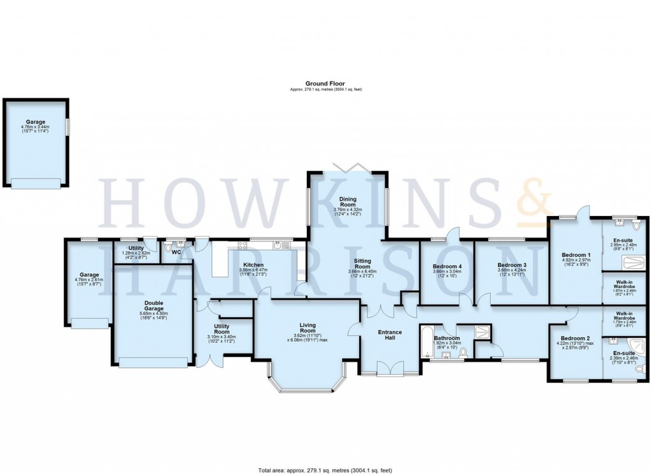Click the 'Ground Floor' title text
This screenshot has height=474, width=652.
(x=325, y=83)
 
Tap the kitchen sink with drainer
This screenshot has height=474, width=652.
(x=280, y=245)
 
